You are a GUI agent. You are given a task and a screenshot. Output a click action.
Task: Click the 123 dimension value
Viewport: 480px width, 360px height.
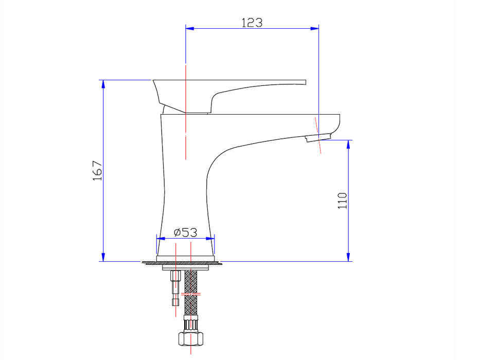pos(252,23)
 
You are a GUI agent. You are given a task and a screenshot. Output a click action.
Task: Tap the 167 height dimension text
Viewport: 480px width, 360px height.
pos(98,171)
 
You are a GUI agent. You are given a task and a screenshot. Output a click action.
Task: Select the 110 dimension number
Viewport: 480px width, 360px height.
pos(343,201)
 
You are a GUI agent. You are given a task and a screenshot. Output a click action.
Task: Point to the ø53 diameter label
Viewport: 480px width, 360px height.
pos(186,232)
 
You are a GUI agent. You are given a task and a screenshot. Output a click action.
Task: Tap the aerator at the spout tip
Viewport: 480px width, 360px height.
pos(317,137)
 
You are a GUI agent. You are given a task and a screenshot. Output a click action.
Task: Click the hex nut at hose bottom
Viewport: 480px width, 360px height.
pos(190,338)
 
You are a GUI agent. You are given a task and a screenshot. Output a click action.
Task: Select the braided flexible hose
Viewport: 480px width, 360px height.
pos(191,293)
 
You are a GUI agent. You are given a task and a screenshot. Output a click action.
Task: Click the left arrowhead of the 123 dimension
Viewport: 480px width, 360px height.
pos(189,28)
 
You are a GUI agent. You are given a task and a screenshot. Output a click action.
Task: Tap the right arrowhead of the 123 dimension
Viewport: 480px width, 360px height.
pos(314,28)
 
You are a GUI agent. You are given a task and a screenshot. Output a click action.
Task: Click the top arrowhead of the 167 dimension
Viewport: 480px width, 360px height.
pos(103,84)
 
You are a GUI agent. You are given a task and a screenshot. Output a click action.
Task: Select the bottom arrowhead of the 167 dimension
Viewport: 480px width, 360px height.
pos(103,257)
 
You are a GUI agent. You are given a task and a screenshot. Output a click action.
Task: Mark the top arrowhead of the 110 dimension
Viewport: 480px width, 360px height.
pos(348,144)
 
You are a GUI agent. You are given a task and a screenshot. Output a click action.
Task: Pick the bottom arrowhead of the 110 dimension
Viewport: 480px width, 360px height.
pos(348,257)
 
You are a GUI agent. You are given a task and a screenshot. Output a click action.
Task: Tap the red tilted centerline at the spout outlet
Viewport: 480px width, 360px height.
pos(318,135)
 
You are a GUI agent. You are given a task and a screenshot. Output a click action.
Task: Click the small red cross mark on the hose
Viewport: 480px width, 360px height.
pos(191,294)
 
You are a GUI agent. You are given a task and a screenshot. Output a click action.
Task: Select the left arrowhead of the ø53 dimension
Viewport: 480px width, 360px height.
pos(161,239)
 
